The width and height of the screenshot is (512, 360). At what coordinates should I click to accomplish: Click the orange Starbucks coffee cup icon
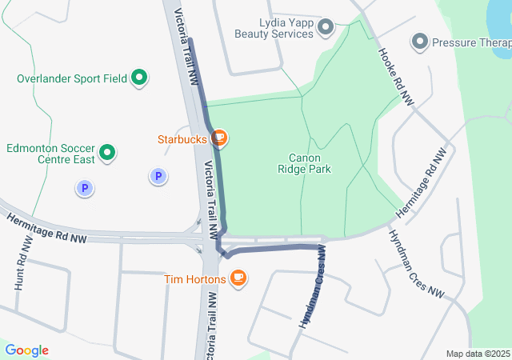[x=219, y=139]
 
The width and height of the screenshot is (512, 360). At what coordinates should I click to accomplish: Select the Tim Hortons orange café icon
[x=238, y=278]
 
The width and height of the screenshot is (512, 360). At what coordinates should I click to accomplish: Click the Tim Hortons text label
[x=195, y=278]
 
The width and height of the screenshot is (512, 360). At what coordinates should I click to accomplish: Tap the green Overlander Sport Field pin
[x=139, y=78]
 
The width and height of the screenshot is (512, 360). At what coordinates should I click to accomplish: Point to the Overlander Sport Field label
[x=71, y=78]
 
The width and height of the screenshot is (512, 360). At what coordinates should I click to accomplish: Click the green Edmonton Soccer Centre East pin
[x=107, y=151]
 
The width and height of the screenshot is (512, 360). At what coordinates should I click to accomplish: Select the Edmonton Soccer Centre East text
[x=50, y=154]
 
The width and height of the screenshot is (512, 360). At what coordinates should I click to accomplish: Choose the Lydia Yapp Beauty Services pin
[x=325, y=29]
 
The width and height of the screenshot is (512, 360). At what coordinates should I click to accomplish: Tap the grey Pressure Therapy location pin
[x=419, y=41]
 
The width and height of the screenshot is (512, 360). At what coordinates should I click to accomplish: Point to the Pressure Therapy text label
[x=471, y=42]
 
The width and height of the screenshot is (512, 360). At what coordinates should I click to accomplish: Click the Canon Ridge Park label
[x=304, y=163]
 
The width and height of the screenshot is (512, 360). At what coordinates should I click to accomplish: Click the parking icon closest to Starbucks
[x=158, y=176]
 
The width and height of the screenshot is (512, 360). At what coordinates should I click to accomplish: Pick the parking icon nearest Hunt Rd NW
[x=84, y=189]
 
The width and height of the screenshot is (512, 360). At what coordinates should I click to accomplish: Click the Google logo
[x=26, y=350]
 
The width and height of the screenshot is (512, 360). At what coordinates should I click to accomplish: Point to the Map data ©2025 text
[x=477, y=354]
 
